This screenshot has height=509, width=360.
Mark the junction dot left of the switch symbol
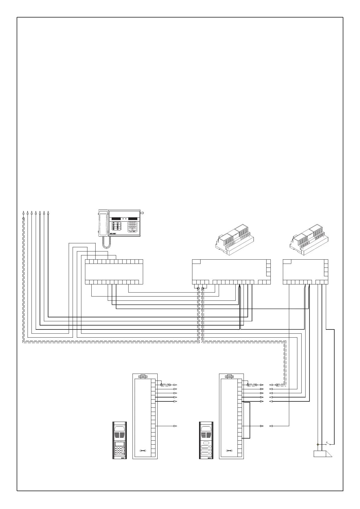click(x=317, y=444)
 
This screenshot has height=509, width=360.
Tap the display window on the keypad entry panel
click(x=119, y=444)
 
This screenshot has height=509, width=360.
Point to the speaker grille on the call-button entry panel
click(x=206, y=435)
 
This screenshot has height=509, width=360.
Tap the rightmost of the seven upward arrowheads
click(x=48, y=212)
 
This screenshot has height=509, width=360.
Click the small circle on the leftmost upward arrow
click(x=23, y=218)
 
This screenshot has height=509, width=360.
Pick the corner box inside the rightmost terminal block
click(x=287, y=261)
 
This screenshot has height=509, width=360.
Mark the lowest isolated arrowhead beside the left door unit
click(x=175, y=426)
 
